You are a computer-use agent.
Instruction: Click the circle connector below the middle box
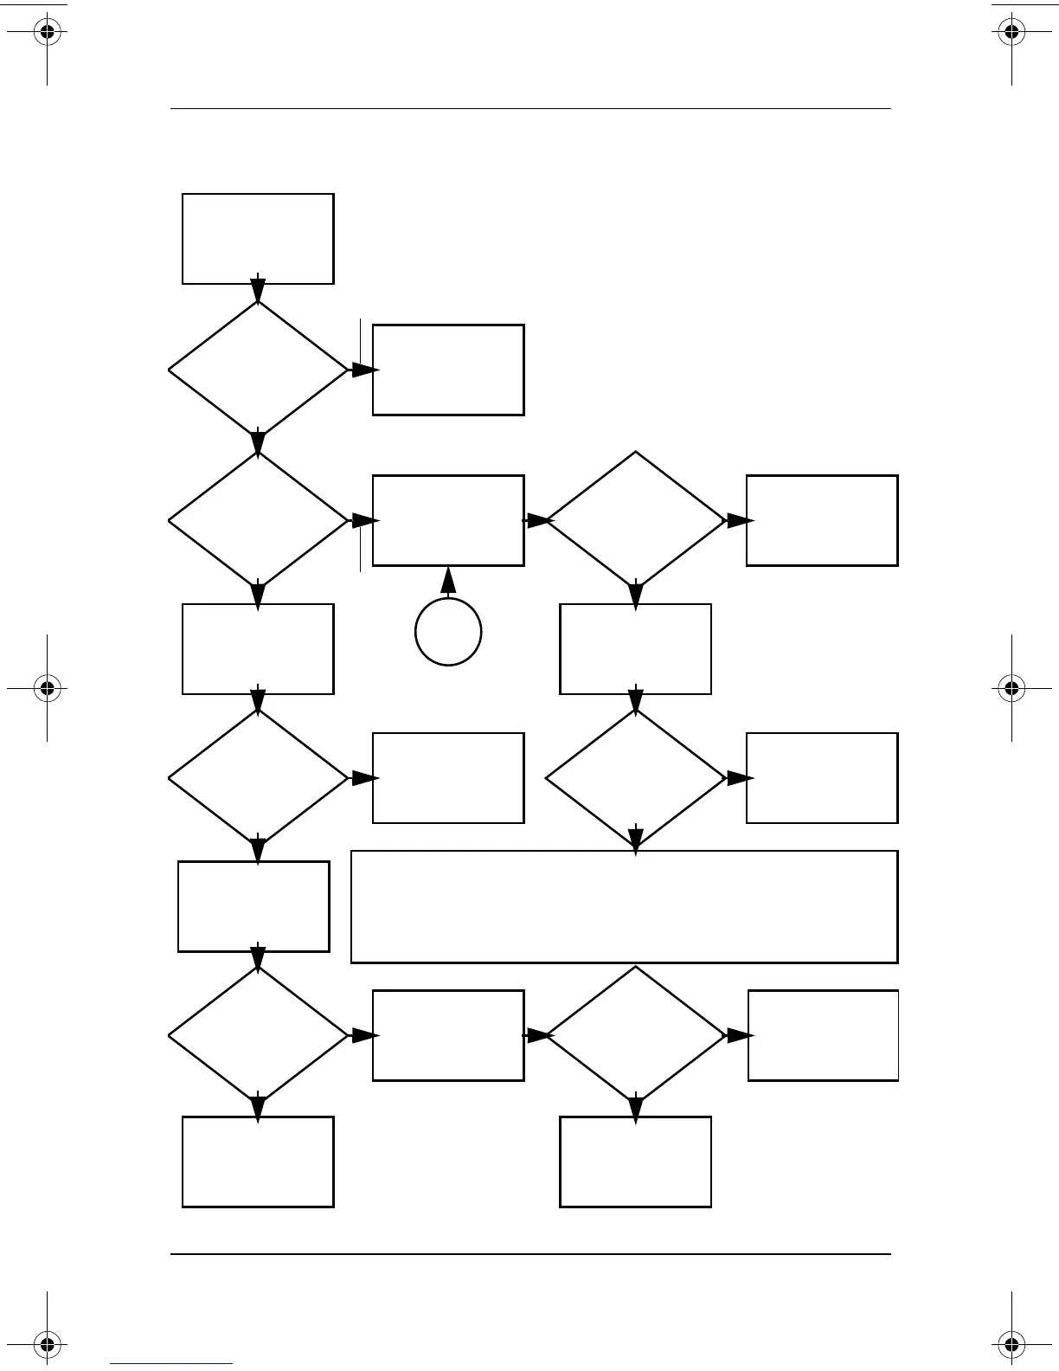point(448,632)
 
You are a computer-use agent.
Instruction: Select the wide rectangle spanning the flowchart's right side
point(624,906)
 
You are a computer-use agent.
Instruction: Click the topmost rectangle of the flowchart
point(258,239)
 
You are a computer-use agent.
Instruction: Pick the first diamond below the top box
point(258,370)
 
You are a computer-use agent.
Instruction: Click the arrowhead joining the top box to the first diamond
point(258,290)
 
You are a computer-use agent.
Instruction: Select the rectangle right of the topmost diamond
point(448,370)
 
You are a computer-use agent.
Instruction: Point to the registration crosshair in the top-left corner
point(48,33)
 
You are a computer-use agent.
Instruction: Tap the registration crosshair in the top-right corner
point(1011,33)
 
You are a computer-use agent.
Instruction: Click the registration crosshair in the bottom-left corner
point(48,1345)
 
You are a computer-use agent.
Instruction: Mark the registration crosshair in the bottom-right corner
point(1011,1345)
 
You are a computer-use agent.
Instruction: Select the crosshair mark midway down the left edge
point(48,689)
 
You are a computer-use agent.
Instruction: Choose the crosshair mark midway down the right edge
point(1011,689)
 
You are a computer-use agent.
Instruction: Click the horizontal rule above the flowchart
point(530,109)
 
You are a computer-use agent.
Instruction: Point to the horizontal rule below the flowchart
point(530,1253)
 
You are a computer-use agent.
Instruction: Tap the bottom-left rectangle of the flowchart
point(258,1162)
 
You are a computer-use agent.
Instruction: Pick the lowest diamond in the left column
point(258,1035)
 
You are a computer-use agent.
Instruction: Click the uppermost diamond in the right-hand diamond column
point(636,521)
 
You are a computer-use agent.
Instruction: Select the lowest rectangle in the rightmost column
point(823,1035)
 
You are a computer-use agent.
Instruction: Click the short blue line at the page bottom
point(171,1364)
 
